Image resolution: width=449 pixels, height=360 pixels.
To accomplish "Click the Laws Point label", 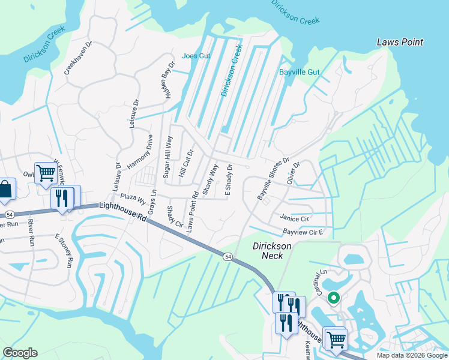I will [x=400, y=42].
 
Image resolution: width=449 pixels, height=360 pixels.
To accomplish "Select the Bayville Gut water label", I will [x=299, y=72].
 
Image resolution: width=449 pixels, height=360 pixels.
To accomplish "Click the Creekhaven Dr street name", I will [x=79, y=58].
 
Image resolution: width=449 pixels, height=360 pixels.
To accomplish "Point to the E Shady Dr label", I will [x=228, y=178].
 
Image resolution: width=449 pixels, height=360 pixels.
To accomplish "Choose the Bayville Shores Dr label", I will [x=273, y=179].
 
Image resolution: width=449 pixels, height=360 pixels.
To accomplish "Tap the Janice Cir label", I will [x=294, y=218].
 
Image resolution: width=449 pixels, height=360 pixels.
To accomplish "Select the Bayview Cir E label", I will [x=303, y=232].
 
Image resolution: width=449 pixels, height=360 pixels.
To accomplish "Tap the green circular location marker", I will [x=333, y=297].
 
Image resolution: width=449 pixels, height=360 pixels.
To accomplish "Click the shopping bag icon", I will [x=5, y=189].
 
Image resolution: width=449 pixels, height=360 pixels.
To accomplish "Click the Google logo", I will [x=20, y=353].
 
